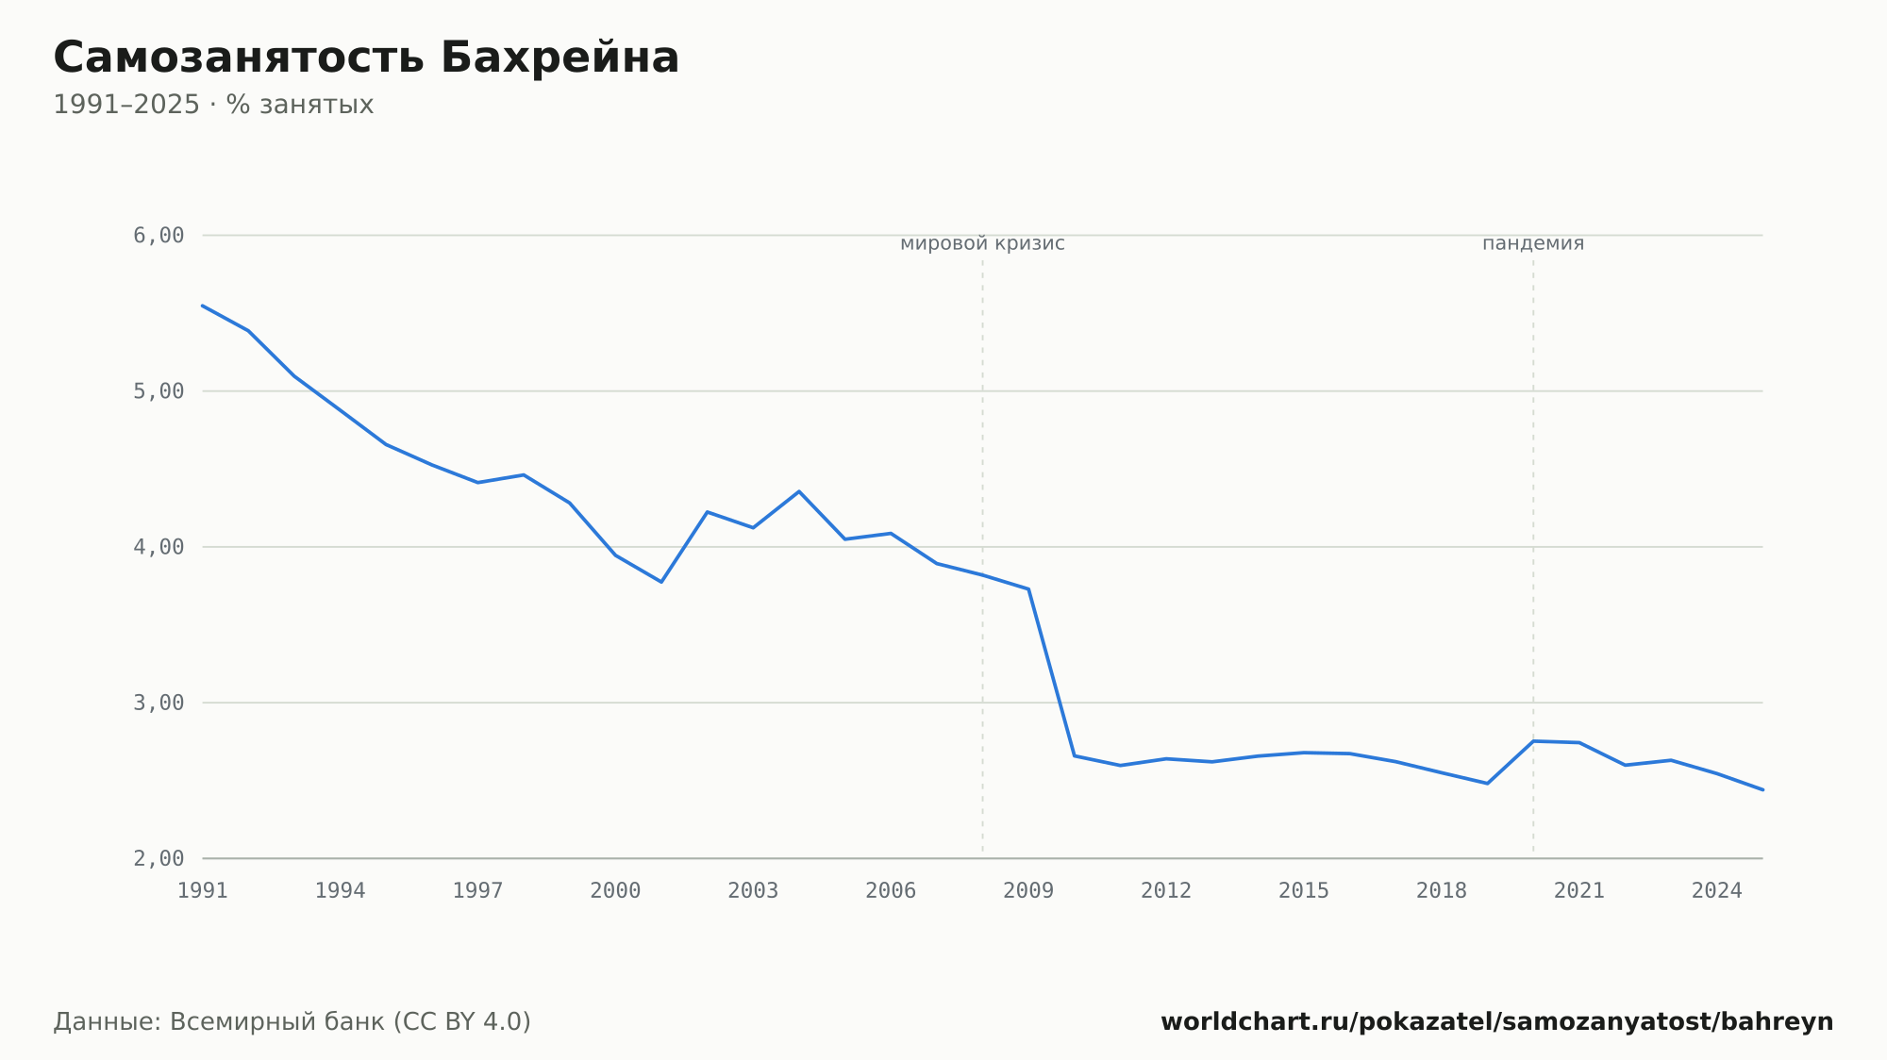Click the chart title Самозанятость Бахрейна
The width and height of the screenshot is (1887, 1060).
[366, 58]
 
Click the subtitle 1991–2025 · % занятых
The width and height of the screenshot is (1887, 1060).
[213, 105]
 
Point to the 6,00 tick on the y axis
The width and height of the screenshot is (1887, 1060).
[159, 235]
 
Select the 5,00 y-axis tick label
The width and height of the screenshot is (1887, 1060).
[159, 390]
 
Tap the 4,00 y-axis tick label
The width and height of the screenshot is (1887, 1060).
[159, 547]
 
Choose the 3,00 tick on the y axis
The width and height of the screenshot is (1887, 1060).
[159, 703]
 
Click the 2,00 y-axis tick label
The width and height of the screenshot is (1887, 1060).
[159, 858]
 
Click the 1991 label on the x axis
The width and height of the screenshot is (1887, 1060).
[203, 891]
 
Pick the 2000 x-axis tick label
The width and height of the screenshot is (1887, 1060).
[615, 891]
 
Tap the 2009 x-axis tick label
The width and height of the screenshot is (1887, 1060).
[1028, 891]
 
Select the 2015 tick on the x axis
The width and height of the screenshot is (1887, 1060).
[1304, 891]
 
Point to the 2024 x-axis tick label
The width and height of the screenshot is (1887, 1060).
[1717, 891]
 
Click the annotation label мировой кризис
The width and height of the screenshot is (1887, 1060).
[982, 243]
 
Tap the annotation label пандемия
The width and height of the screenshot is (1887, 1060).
[1533, 243]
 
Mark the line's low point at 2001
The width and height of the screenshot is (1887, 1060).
[661, 582]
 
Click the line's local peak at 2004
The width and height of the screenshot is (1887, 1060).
[799, 491]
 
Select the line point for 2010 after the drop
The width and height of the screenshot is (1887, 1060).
[1075, 755]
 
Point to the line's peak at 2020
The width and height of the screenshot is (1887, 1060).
[1533, 741]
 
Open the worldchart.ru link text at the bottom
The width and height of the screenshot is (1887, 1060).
[1496, 1022]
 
